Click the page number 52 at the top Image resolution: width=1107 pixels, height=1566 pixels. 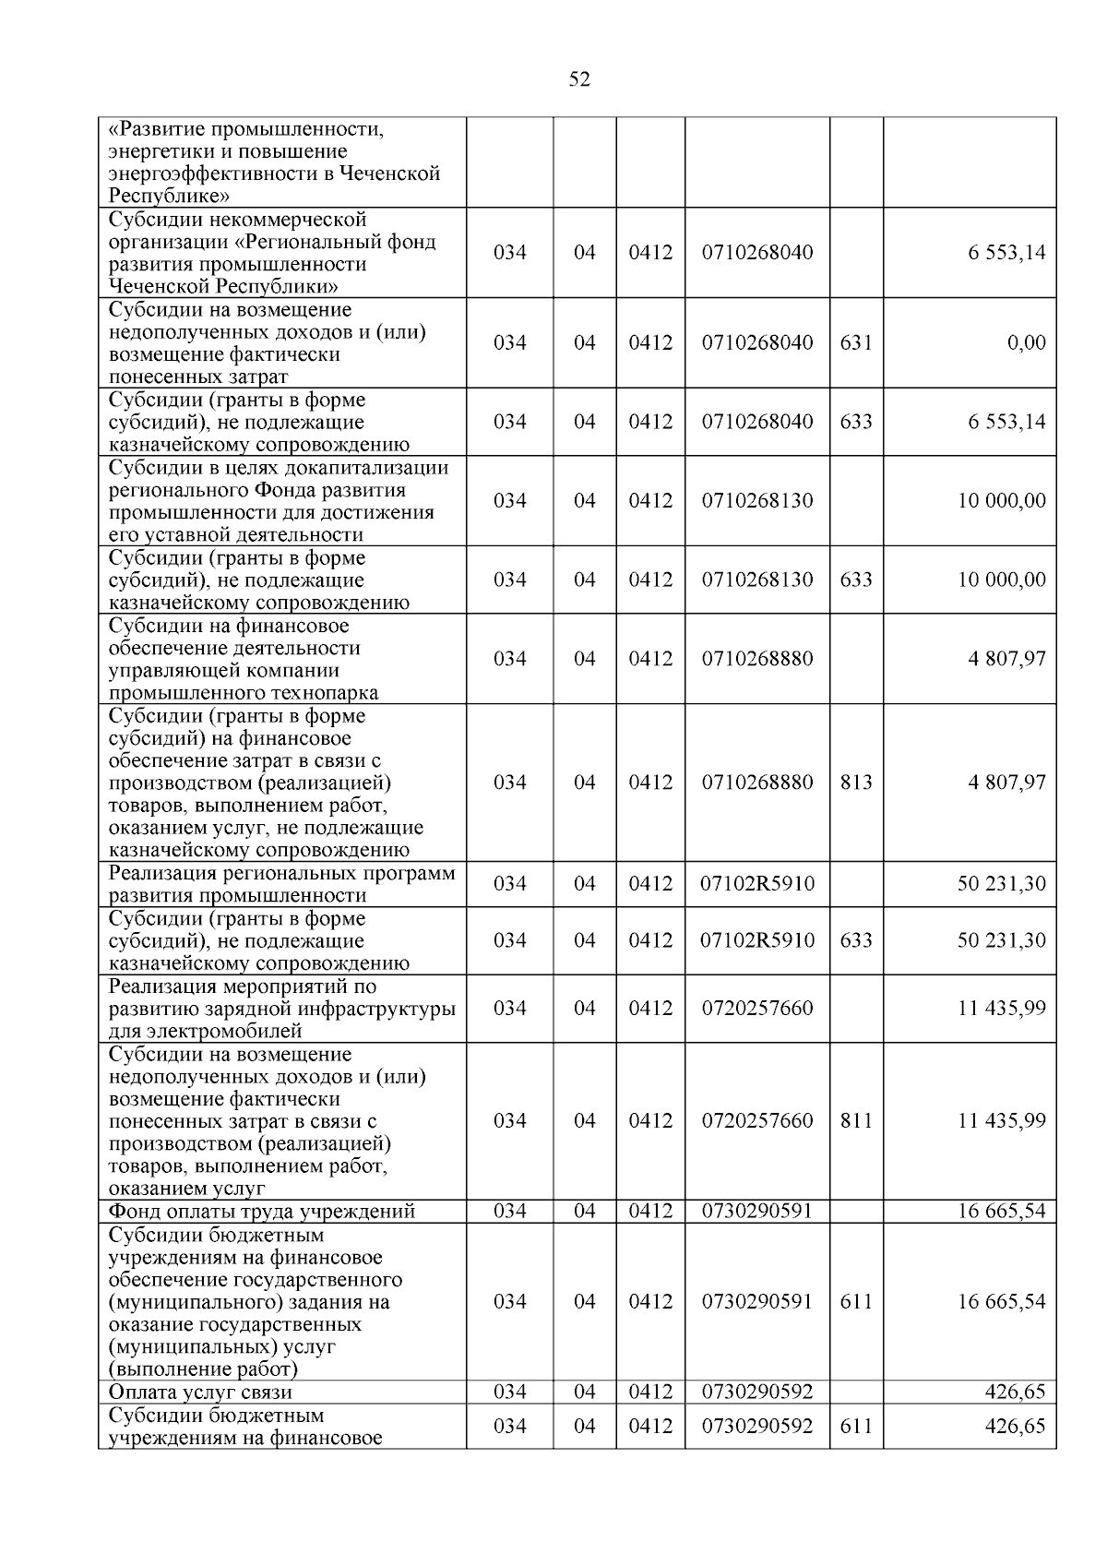579,80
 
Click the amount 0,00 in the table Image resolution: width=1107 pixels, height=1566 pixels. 1026,342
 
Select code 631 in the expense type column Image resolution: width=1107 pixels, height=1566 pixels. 855,342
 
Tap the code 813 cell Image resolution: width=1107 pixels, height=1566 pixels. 855,783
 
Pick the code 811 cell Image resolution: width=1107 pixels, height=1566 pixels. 855,1120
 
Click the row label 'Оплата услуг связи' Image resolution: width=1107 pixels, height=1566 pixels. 200,1393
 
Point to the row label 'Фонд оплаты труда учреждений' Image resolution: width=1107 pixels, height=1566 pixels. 262,1212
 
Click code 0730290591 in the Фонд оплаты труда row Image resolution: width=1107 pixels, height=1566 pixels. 756,1212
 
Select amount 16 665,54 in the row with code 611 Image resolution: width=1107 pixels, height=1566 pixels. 1001,1302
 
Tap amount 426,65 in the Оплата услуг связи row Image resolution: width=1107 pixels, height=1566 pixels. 1016,1393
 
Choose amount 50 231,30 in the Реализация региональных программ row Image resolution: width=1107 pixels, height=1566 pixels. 1001,884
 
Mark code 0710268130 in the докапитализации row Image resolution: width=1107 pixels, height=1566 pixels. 756,501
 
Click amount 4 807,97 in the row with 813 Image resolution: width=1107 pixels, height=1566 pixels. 1006,783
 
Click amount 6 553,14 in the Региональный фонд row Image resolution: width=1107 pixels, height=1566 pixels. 1006,253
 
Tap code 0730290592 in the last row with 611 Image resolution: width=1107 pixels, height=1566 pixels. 756,1427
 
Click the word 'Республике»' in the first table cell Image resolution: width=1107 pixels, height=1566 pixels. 169,197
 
